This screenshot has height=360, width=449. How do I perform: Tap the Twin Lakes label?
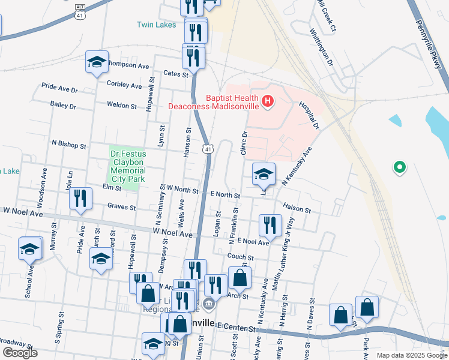coord(156,25)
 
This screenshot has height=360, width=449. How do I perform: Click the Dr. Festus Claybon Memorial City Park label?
coord(128,166)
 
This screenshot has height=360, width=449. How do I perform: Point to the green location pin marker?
coord(399,167)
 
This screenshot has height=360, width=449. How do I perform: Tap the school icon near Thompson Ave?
coord(96,62)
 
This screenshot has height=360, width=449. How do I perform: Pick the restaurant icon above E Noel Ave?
coord(270,226)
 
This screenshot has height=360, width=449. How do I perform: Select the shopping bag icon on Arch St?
coord(240,278)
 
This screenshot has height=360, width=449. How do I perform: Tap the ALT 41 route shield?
coord(80,11)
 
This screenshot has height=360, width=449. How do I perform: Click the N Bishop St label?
coord(70,145)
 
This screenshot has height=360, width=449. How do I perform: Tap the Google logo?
coord(20,353)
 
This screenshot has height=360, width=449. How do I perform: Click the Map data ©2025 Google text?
coord(412,355)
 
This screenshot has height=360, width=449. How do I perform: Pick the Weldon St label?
coord(122,105)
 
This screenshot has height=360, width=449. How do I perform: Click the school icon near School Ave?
coord(30,249)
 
